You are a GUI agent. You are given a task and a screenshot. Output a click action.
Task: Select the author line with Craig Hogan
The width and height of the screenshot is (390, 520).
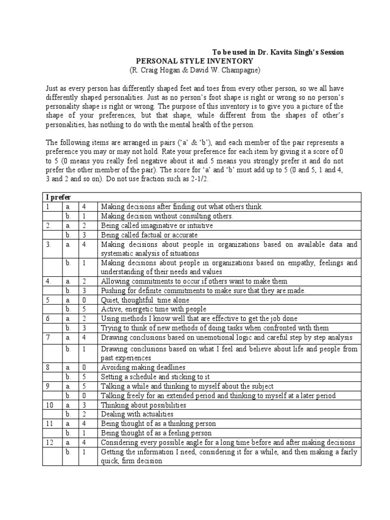(194, 70)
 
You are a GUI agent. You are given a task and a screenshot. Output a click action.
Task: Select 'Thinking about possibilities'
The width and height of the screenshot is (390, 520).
(144, 405)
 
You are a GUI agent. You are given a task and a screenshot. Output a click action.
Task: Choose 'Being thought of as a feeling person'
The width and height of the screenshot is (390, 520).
(156, 433)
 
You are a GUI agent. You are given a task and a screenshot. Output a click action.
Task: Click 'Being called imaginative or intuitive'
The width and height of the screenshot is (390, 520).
(157, 225)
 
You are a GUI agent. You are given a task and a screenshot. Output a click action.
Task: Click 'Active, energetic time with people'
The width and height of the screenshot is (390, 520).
(153, 309)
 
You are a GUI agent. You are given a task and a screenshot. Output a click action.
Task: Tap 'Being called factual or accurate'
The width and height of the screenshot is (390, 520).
(149, 235)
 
